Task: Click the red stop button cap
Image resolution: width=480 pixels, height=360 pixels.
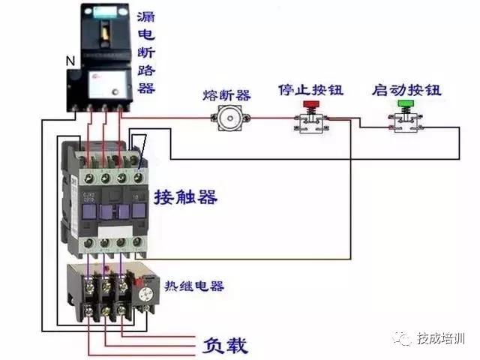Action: [307, 104]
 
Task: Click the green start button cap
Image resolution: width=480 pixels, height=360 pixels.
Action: [406, 104]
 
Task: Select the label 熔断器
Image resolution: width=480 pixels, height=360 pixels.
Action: [226, 94]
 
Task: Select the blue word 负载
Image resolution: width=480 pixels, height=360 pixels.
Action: [225, 346]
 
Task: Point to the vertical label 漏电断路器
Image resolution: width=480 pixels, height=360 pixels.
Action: [146, 51]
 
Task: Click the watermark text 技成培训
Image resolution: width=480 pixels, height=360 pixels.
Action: [442, 339]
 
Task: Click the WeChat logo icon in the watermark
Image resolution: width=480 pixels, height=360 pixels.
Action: [405, 339]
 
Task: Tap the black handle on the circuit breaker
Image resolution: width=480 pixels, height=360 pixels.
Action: [104, 30]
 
